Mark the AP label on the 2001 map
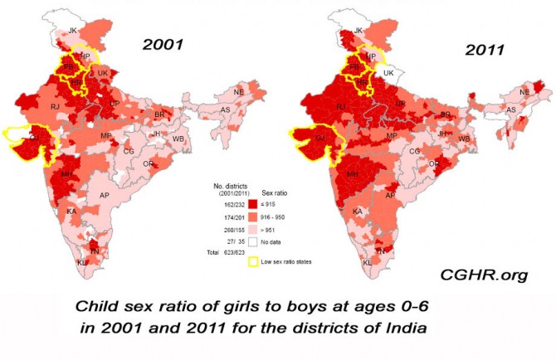(105, 196)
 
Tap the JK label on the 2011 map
(358, 32)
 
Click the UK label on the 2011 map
(387, 73)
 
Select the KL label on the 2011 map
(367, 263)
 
